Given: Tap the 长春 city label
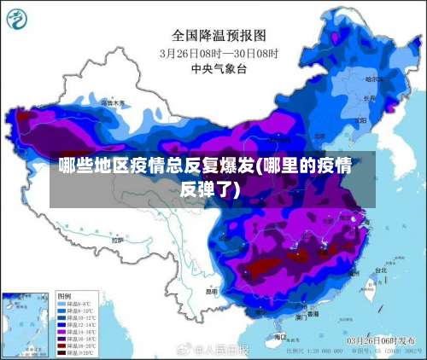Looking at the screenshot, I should click(x=369, y=98).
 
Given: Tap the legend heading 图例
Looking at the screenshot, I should click(x=63, y=293).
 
